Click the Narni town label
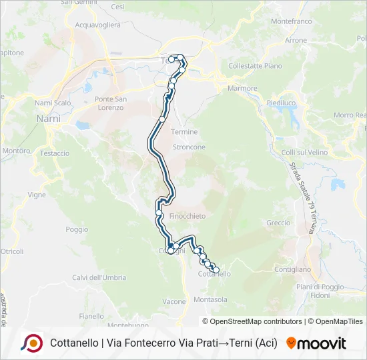click(47, 119)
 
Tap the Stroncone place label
click(189, 147)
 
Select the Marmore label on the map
click(242, 88)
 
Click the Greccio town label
click(278, 223)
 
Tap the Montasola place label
click(210, 300)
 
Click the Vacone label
click(174, 301)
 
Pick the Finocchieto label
click(188, 216)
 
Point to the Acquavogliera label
click(97, 25)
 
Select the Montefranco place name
click(292, 21)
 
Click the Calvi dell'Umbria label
click(99, 277)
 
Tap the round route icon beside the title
click(31, 343)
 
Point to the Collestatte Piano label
click(255, 66)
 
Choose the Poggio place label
click(77, 229)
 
